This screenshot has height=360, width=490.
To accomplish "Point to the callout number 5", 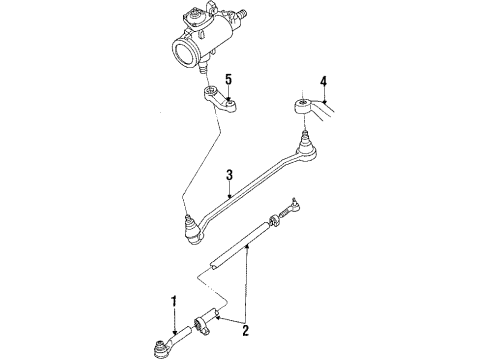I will pyautogui.click(x=229, y=79).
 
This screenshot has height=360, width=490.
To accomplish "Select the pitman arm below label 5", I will pyautogui.click(x=218, y=104).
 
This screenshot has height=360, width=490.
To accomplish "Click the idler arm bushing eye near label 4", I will pyautogui.click(x=301, y=104).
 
